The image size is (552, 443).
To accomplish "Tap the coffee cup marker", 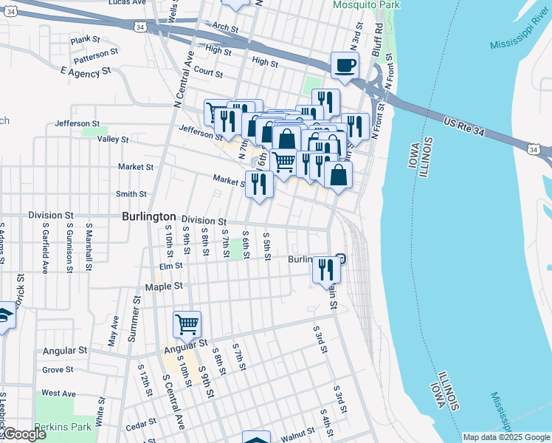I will click(x=344, y=66).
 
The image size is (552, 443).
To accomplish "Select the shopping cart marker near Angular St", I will click(x=187, y=324).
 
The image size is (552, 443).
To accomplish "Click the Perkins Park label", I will click(x=76, y=427).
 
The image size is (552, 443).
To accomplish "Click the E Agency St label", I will click(x=85, y=72).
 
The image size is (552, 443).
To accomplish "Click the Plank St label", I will click(x=85, y=39).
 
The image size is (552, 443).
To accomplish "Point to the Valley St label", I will click(x=113, y=139).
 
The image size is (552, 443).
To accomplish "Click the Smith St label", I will click(x=131, y=194).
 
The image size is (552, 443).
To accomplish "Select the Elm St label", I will click(x=170, y=267).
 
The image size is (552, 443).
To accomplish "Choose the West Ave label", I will click(x=59, y=394).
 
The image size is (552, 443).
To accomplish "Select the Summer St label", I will click(x=134, y=326).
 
